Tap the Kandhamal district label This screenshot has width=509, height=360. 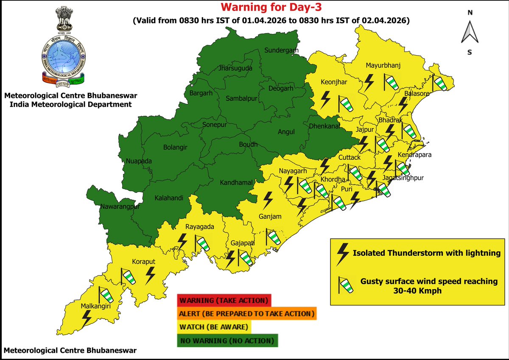[x=236, y=183]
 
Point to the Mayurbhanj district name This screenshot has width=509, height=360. [x=383, y=65]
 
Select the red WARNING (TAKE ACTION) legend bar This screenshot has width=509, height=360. [x=224, y=301]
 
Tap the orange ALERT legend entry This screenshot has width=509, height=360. [x=247, y=314]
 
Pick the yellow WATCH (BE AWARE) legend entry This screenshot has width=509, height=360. [x=214, y=327]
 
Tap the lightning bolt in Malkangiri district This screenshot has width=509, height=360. [x=87, y=318]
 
